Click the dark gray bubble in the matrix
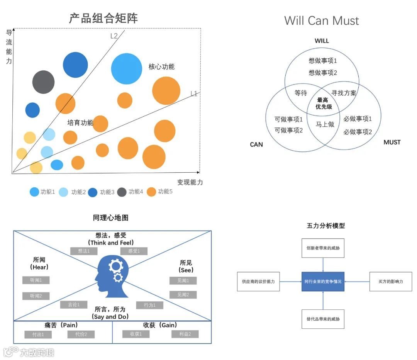click(x=43, y=82)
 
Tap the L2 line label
click(x=114, y=36)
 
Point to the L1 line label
click(x=194, y=93)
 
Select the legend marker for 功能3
click(x=92, y=192)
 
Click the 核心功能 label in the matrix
click(x=161, y=66)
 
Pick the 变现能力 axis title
click(x=190, y=182)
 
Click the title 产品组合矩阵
click(x=103, y=18)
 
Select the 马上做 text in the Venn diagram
click(x=325, y=124)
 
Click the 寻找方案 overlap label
click(x=344, y=93)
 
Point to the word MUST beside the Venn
click(x=392, y=142)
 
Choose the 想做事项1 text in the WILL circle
click(x=323, y=61)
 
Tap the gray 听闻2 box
click(x=36, y=296)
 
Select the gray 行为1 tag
click(x=149, y=305)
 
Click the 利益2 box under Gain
click(x=185, y=334)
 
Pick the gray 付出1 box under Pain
click(x=38, y=335)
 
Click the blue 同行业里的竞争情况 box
click(x=322, y=282)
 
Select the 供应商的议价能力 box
click(x=258, y=282)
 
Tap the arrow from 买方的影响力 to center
click(x=356, y=282)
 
